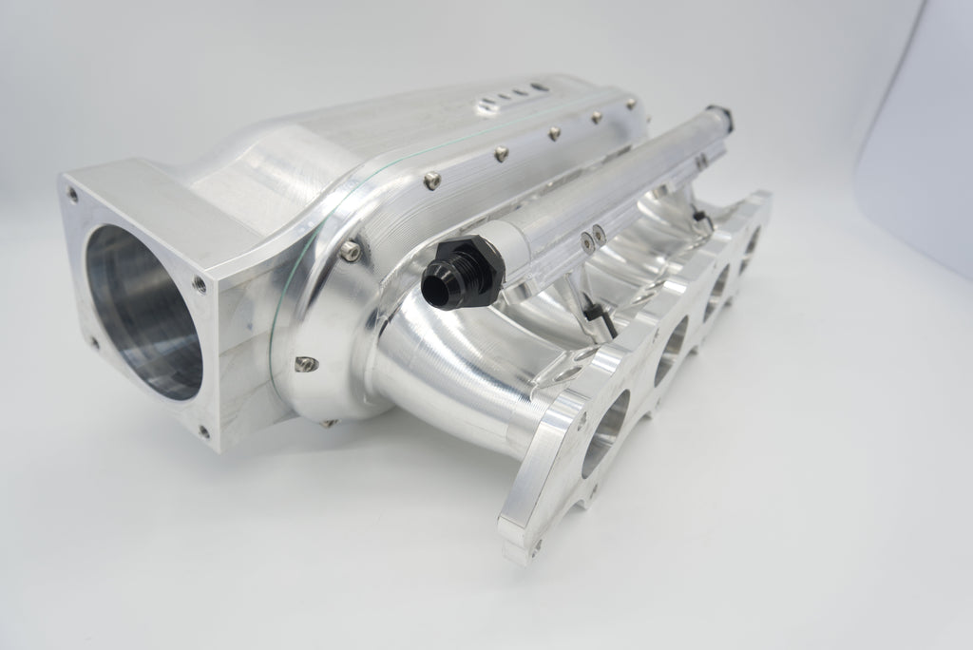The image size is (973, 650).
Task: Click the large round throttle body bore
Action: pyautogui.click(x=143, y=309)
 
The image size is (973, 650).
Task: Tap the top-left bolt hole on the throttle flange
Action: pyautogui.click(x=72, y=194)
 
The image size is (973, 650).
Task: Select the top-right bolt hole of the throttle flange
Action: pyautogui.click(x=199, y=282)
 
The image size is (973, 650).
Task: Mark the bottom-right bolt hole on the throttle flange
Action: pyautogui.click(x=203, y=430)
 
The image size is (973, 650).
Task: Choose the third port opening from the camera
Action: pyautogui.click(x=718, y=284)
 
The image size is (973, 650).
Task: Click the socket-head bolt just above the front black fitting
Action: pyautogui.click(x=353, y=249)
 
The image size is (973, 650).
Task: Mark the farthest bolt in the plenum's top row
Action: pyautogui.click(x=595, y=118)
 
